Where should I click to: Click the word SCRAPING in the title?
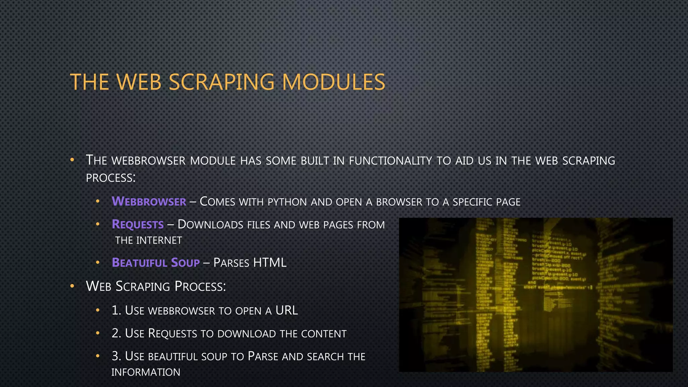coord(221,82)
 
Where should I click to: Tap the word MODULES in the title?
coord(333,82)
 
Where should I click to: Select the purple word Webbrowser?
coord(149,202)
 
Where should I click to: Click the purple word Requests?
coord(138,224)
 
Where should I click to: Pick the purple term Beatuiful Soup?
coord(156,263)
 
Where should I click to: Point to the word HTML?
coord(270,263)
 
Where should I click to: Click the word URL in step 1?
coord(287,310)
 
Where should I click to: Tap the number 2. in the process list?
coord(116,333)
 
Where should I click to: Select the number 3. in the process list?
coord(116,356)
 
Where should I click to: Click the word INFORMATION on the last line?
coord(146,372)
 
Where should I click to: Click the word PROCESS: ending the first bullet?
coord(111,178)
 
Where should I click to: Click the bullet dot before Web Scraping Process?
coord(72,286)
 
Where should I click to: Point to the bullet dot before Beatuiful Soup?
coord(98,262)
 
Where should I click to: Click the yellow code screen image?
coord(535,295)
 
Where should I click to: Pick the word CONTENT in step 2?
coord(324,334)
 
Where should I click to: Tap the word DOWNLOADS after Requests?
coord(210,225)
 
